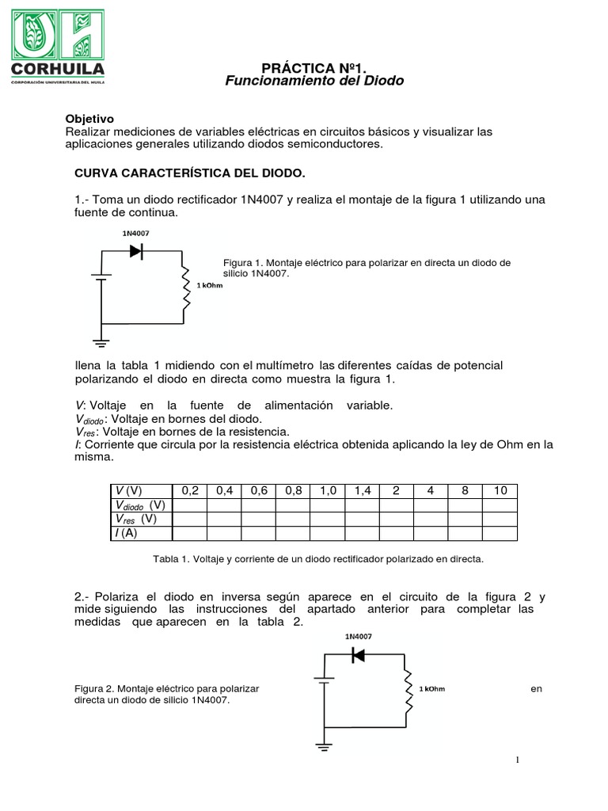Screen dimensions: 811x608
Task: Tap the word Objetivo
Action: coord(89,117)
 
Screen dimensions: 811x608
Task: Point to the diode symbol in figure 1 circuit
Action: coord(136,250)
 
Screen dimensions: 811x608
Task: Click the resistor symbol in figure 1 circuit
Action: coord(184,287)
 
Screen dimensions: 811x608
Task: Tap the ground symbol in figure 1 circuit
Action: coord(101,342)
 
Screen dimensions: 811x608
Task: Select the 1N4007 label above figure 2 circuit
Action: coord(359,636)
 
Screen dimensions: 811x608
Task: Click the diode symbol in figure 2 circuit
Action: coord(357,655)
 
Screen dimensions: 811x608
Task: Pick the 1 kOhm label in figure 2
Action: coord(432,688)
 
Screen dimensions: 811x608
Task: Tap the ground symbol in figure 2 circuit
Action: coord(322,745)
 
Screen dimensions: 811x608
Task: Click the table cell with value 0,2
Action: coord(189,491)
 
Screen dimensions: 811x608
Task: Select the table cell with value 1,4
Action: coord(362,491)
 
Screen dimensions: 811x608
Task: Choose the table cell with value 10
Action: coord(500,491)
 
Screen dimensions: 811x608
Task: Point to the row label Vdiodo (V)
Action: coord(139,505)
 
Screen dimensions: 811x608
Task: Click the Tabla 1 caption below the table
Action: coord(317,559)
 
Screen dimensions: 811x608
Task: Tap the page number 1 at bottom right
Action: coord(517,760)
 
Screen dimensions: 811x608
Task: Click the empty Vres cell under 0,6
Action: coord(259,520)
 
